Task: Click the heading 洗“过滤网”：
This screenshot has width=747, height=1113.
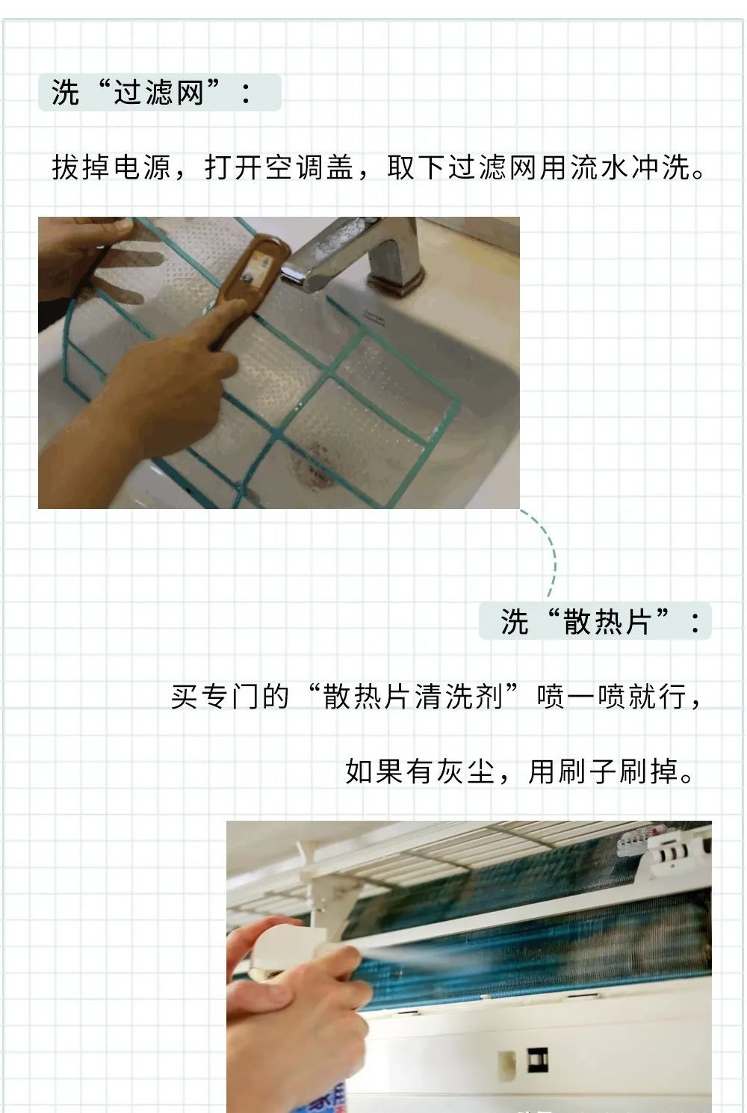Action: [151, 93]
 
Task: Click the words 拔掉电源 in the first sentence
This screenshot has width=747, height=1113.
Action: [111, 167]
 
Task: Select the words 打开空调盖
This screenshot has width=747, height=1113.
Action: [279, 167]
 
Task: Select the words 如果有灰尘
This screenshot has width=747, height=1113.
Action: [420, 771]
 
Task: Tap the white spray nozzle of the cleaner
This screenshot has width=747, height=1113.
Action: [283, 946]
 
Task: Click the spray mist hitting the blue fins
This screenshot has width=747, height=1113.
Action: [412, 957]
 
